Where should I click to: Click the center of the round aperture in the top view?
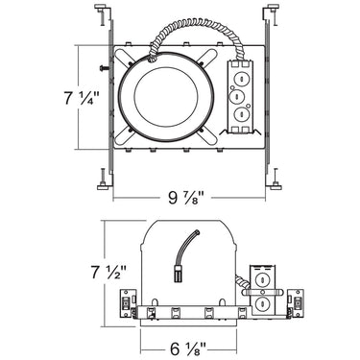pyautogui.click(x=165, y=98)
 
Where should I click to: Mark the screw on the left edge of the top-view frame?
pyautogui.click(x=100, y=68)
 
